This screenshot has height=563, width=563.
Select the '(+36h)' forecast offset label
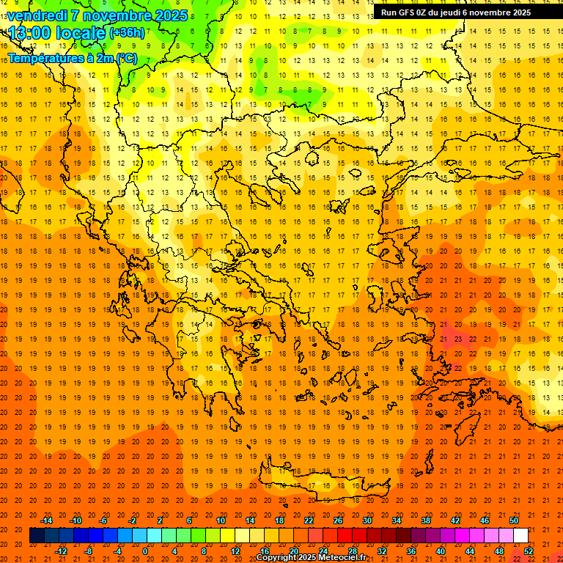127,33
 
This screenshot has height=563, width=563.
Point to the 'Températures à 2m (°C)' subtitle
72,58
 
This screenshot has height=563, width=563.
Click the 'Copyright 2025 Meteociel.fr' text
311,558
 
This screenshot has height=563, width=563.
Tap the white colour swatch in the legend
520,536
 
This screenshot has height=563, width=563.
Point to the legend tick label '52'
529,551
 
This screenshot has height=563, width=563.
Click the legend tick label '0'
145,551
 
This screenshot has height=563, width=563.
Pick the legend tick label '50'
514,520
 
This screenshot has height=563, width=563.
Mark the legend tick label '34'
397,520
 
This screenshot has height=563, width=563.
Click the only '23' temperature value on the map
458,339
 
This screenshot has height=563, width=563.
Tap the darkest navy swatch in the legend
37,536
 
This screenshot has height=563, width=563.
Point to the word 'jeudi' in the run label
448,12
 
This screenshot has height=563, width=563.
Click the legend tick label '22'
309,520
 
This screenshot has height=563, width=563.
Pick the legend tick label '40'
441,551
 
